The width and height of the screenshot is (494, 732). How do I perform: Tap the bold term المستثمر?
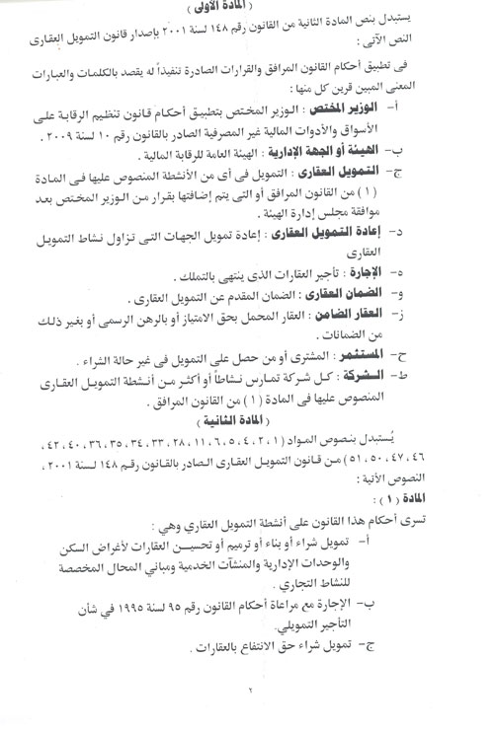408,380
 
